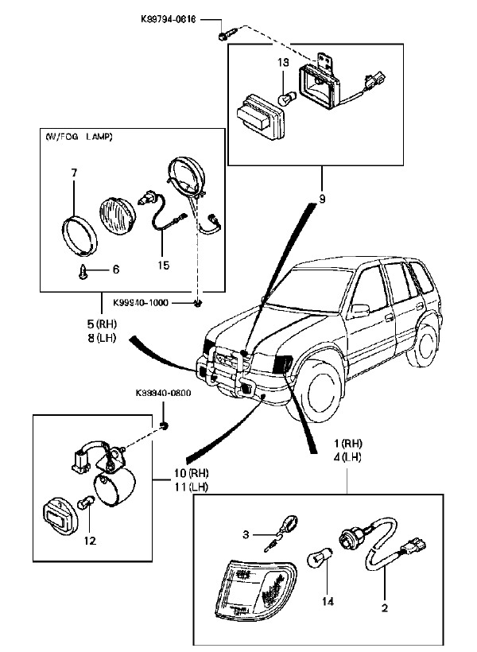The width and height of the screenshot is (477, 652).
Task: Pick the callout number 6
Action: (115, 270)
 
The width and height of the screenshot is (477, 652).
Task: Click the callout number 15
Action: (163, 265)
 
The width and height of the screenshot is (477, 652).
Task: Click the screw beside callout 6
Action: (83, 272)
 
